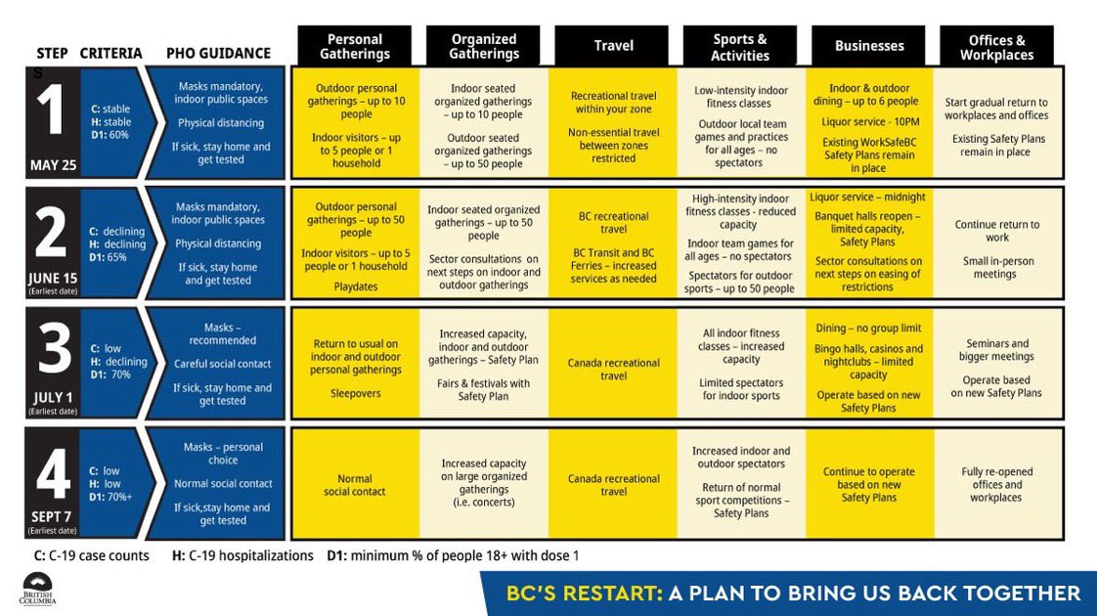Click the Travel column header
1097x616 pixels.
(613, 46)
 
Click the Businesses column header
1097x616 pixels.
(868, 46)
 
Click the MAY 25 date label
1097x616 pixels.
(52, 165)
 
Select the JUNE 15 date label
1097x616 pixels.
(52, 277)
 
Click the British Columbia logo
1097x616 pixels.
(38, 590)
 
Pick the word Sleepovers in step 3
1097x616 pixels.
(355, 393)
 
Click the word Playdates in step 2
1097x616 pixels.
(355, 287)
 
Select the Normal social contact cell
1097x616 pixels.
(355, 485)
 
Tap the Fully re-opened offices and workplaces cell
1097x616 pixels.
(996, 485)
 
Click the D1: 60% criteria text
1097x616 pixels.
(110, 135)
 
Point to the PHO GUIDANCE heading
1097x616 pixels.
(218, 53)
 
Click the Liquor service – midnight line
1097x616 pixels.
(868, 198)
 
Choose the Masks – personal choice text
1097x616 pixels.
(223, 454)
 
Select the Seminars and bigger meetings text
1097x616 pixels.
(996, 350)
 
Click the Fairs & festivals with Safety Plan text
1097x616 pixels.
(484, 390)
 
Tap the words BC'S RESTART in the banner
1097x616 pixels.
(582, 594)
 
